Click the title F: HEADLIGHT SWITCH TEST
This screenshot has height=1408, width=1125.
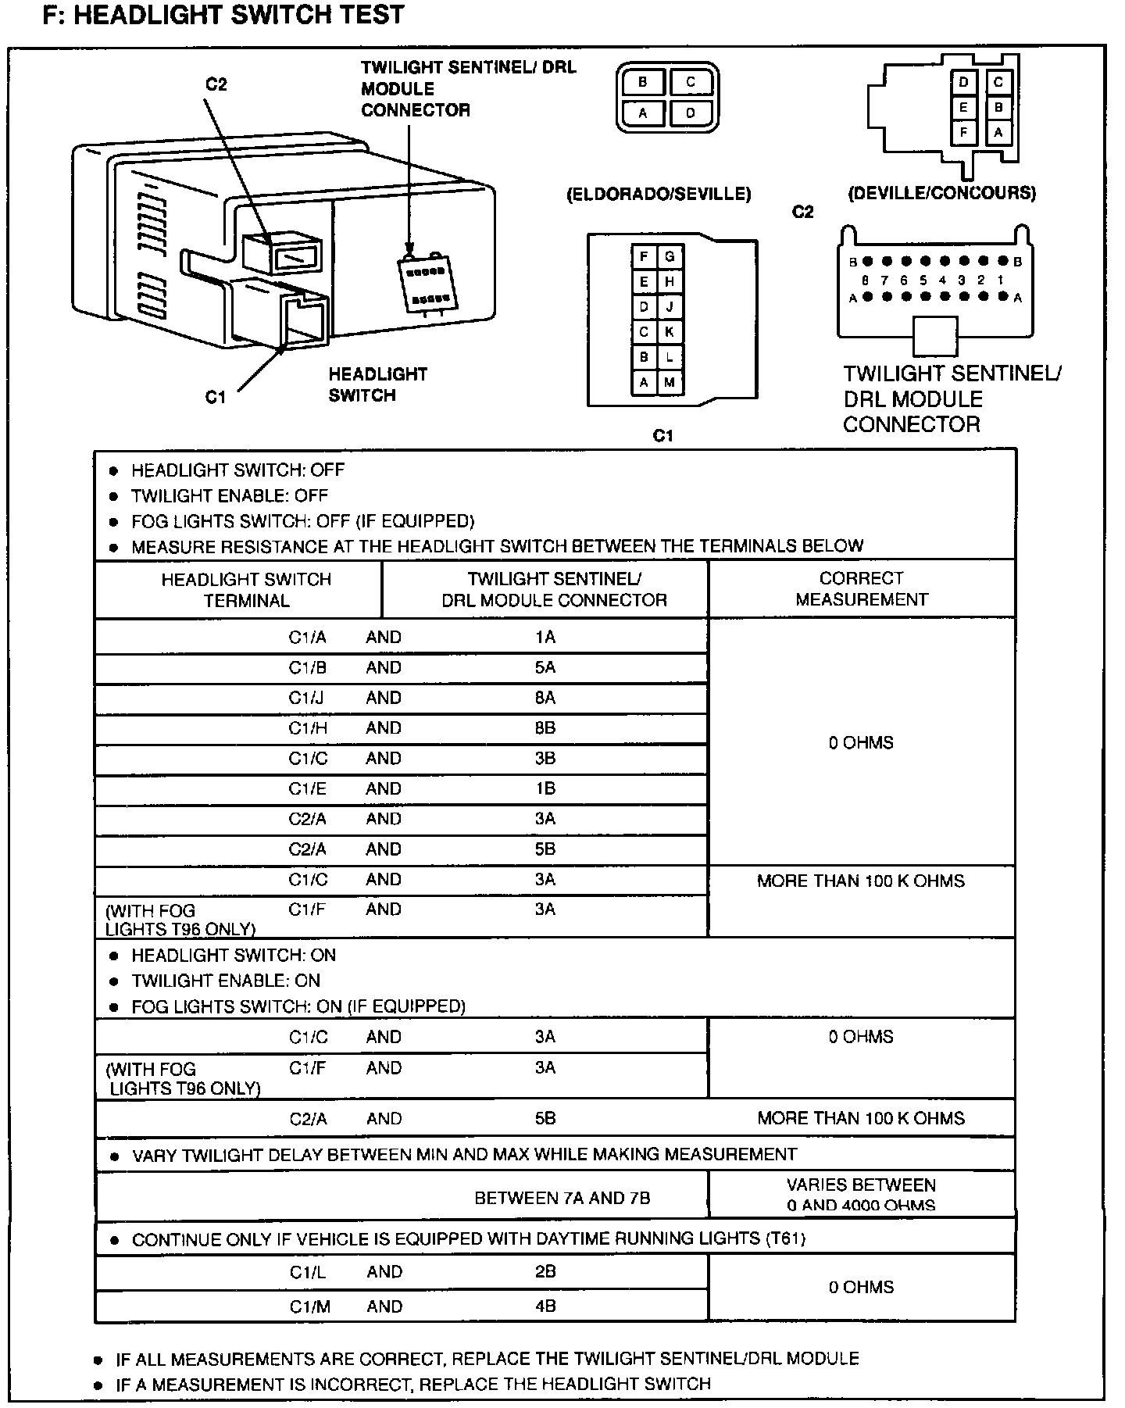223,15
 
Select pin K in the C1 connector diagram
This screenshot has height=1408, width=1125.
670,331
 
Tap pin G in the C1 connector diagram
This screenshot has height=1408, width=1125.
670,256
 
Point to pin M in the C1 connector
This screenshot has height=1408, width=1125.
670,382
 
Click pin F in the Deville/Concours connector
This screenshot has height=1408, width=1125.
964,132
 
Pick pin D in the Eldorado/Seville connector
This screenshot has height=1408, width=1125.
691,113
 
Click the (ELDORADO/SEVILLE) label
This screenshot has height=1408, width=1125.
659,194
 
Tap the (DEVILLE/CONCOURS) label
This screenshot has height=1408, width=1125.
942,193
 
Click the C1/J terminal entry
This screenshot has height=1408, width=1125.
306,698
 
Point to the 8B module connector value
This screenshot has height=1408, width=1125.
545,728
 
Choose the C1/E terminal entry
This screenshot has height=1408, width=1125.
307,788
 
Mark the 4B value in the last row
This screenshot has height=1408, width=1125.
545,1306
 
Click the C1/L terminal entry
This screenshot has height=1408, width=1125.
308,1271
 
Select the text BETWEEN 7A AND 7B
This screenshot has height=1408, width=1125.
562,1198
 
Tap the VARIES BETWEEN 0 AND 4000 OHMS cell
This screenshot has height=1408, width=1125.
861,1195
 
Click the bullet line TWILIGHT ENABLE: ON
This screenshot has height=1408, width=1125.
226,981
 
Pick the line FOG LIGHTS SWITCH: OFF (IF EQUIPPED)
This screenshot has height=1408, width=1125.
302,520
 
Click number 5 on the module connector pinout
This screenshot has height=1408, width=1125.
923,280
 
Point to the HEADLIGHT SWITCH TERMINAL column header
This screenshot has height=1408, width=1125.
246,590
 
